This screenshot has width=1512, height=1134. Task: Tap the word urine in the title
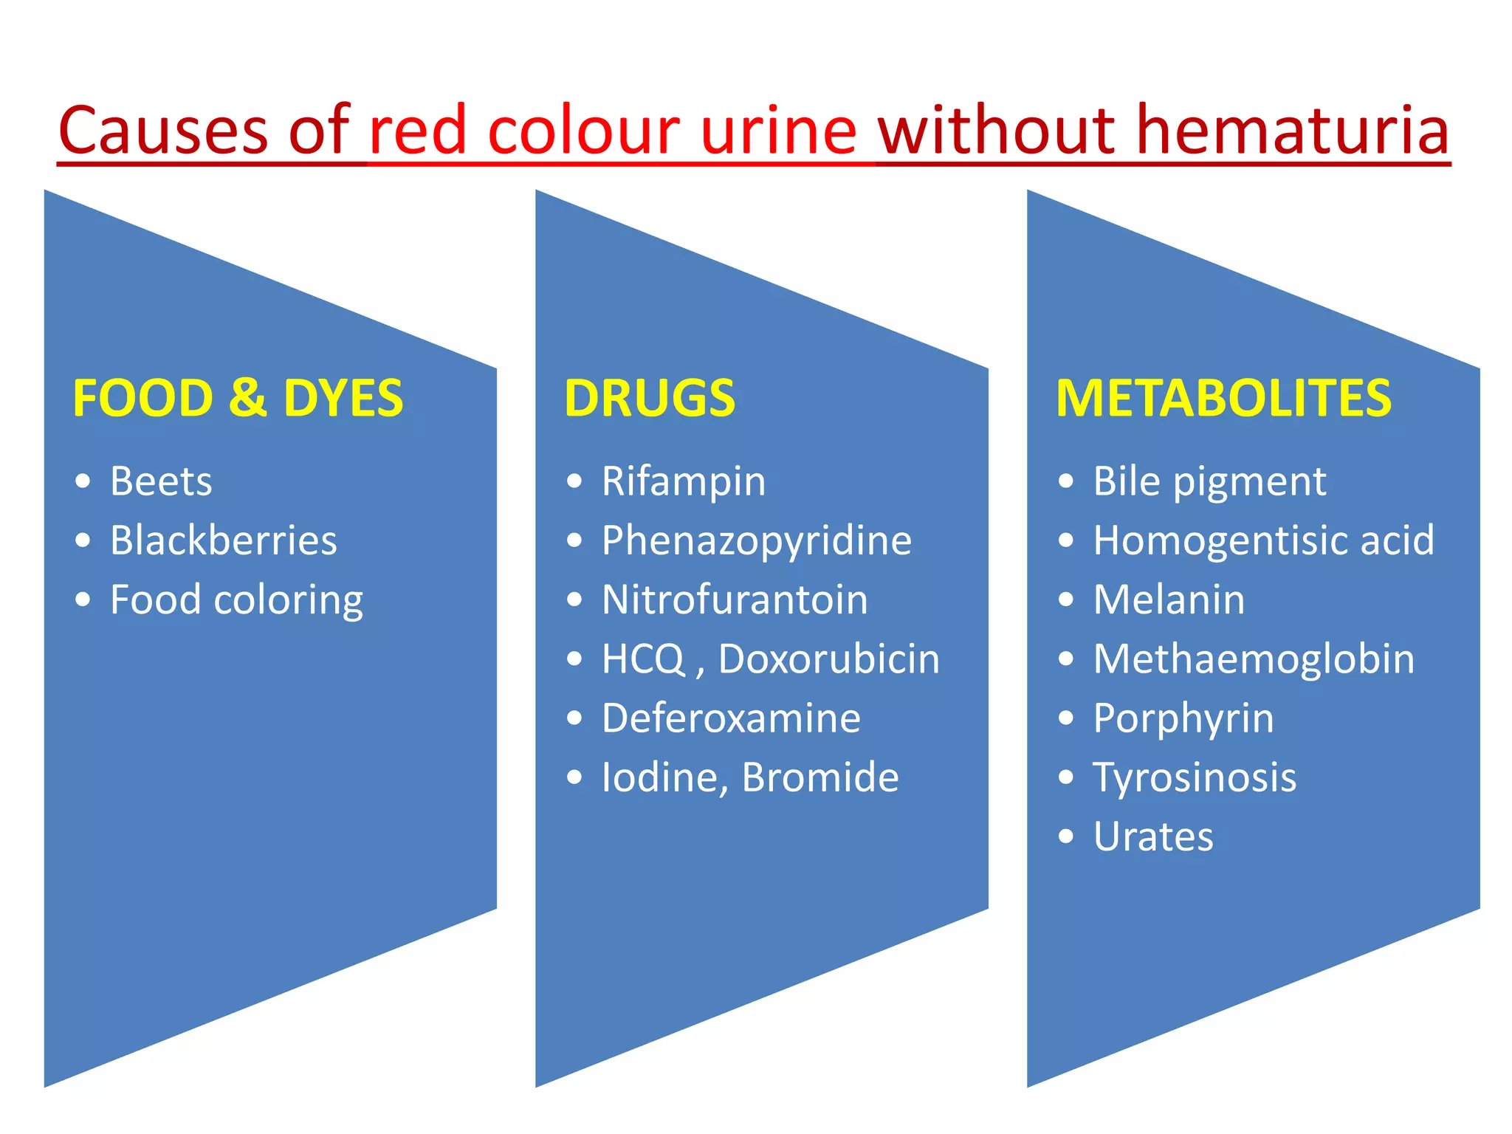tap(778, 131)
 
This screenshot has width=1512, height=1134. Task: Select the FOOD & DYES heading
tap(238, 399)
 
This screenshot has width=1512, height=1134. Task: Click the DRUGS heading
tap(650, 399)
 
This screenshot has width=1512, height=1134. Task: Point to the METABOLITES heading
tap(1223, 399)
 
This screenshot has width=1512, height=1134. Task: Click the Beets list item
tap(161, 481)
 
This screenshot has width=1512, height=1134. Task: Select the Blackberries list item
tap(223, 540)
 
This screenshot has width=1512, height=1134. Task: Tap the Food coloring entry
tap(236, 600)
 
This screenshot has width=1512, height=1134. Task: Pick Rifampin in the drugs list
tap(684, 482)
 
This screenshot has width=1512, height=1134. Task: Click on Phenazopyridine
tap(757, 541)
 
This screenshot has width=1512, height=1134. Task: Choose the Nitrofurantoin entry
tap(735, 599)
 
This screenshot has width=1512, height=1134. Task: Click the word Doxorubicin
tap(829, 659)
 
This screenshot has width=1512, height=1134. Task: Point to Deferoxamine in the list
tap(731, 718)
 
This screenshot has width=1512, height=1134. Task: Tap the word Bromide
tap(820, 777)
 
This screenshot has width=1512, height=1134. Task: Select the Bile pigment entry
tap(1209, 482)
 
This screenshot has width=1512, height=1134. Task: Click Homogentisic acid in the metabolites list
tap(1263, 540)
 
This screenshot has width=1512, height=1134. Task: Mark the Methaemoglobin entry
tap(1254, 659)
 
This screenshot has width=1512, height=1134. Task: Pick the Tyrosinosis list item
tap(1195, 777)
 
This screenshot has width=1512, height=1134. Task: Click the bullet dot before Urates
tap(1065, 836)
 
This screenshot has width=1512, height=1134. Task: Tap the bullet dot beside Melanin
tap(1065, 599)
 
